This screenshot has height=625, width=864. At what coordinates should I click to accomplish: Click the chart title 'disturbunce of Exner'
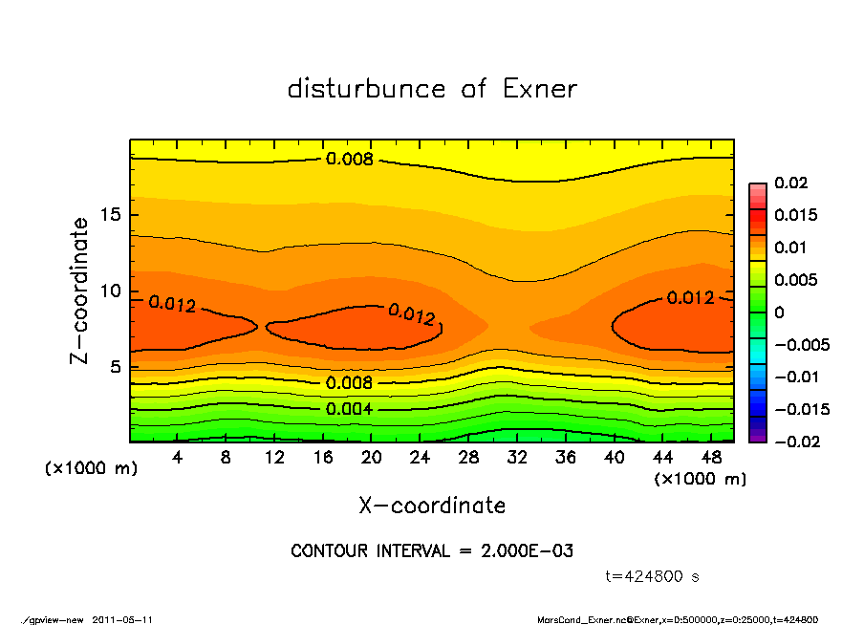pos(432,89)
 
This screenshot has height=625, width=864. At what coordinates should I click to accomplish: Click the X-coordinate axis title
pos(432,505)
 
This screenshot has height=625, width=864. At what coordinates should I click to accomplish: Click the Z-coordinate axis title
pos(80,291)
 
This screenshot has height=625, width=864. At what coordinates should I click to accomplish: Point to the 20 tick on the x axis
pos(372,458)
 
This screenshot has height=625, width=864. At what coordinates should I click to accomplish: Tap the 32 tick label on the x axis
pos(517,458)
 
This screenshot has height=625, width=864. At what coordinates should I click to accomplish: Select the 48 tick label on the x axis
pos(711,458)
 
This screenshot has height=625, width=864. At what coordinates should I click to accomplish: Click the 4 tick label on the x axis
pos(178,458)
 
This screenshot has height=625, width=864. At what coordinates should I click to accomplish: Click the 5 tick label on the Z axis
pos(117,367)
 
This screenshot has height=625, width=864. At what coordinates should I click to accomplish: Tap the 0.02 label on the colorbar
pos(792,183)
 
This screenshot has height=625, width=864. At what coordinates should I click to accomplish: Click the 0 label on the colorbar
pos(779,312)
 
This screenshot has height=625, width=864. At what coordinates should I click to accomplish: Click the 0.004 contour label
pos(349,409)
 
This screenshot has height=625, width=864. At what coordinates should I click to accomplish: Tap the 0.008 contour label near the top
pos(349,159)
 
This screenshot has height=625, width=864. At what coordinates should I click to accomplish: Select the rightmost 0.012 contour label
pos(690,297)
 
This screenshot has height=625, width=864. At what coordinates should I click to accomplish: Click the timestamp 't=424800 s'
pos(653,576)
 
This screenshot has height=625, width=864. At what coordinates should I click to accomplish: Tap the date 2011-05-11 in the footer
pos(122,619)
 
